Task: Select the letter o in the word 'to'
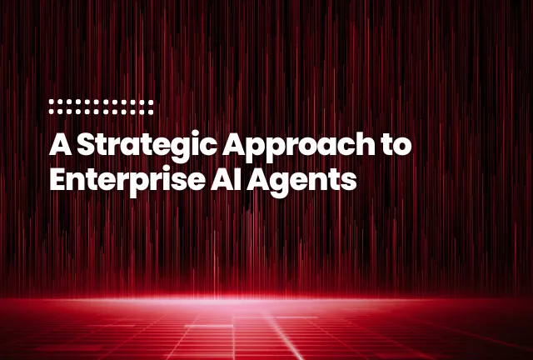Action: point(404,147)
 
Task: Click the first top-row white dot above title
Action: point(52,102)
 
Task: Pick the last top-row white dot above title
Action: point(152,102)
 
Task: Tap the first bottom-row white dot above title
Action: point(52,110)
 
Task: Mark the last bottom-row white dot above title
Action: point(152,110)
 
